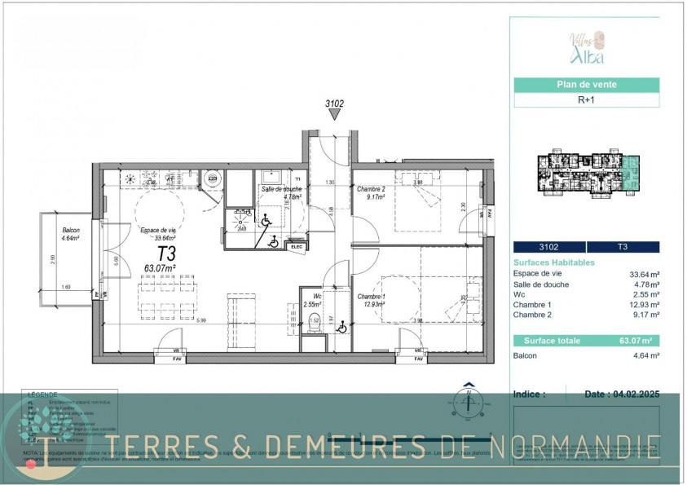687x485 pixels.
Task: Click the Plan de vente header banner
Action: pyautogui.click(x=586, y=84)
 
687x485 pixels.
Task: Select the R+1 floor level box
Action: pyautogui.click(x=586, y=101)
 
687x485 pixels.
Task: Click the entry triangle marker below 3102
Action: pyautogui.click(x=334, y=116)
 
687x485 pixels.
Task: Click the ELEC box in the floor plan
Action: pyautogui.click(x=296, y=246)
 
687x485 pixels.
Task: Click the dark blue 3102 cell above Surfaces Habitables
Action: pyautogui.click(x=548, y=247)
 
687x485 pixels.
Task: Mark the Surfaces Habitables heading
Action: pyautogui.click(x=554, y=262)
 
